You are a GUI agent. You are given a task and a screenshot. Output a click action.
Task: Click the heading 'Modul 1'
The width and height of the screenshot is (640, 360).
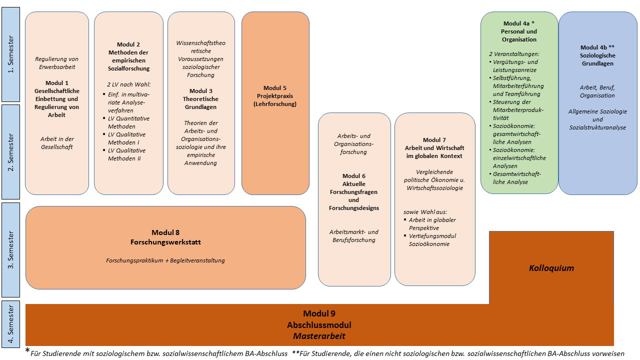coord(56,82)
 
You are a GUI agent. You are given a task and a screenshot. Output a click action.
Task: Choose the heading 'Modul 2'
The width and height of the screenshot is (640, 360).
coord(128,44)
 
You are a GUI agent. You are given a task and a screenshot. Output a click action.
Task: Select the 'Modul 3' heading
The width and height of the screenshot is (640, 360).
coord(201,91)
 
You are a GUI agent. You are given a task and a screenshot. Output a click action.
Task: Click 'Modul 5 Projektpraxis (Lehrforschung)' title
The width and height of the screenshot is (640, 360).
coord(275,96)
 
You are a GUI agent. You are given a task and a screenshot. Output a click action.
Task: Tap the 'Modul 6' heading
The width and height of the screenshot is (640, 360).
coord(354,176)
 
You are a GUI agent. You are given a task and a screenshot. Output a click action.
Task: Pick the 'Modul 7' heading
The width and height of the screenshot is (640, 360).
coord(434,140)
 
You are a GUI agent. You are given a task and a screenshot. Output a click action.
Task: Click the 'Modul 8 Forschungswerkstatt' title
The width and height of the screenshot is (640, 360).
coord(165,237)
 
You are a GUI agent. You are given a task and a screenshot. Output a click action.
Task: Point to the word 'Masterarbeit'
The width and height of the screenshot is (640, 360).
coord(319,336)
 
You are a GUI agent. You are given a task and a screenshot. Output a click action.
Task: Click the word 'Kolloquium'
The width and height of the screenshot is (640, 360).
coord(551,268)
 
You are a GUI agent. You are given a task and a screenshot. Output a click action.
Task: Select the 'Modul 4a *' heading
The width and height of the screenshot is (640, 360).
coord(519,23)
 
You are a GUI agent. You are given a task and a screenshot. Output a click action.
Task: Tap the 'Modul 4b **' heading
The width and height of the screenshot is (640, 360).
coord(597,47)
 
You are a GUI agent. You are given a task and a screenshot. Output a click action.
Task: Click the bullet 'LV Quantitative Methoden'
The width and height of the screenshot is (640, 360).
coord(128,122)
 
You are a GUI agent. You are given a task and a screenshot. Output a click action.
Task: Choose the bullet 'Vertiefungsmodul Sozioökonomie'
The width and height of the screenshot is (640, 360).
coord(432,240)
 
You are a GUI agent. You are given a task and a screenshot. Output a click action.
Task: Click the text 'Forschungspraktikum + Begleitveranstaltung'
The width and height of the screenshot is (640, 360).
coord(165,260)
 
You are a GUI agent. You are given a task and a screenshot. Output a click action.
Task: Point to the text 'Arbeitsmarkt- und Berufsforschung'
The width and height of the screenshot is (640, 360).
coord(354,236)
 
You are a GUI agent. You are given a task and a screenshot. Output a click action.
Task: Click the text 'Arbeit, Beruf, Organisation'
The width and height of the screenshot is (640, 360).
coord(597,91)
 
